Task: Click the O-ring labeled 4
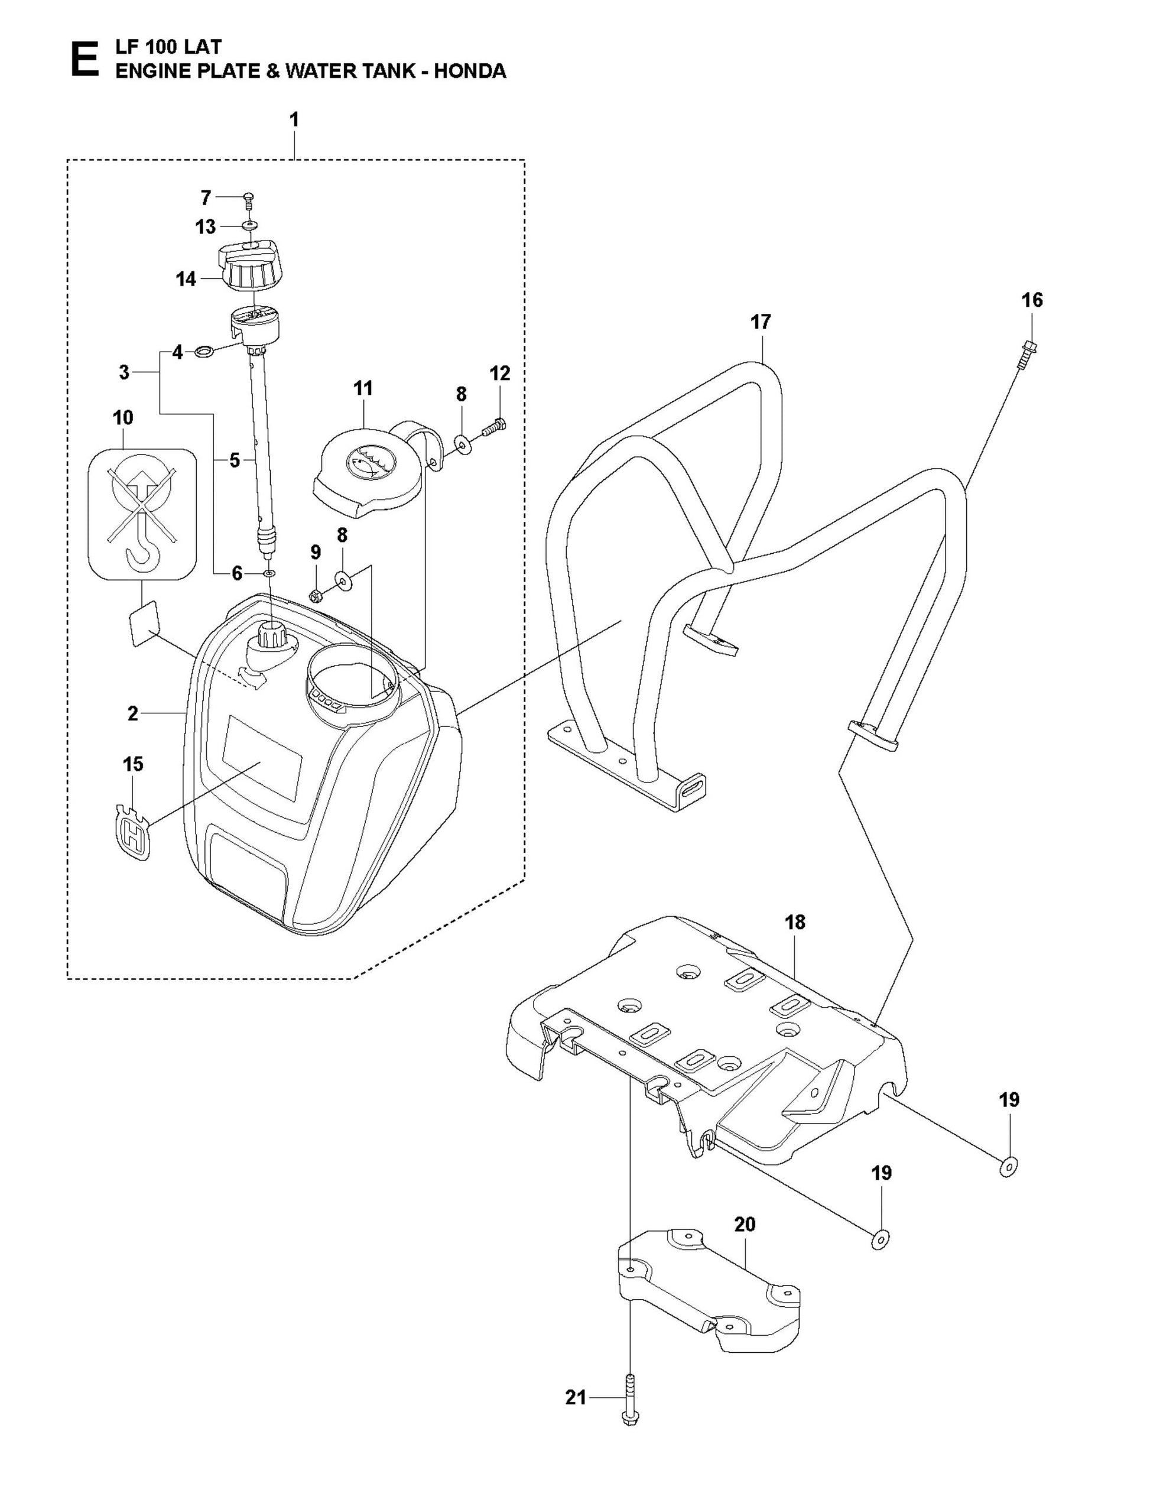[x=203, y=352]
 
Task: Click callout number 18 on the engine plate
[x=795, y=922]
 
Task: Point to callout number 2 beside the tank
[x=133, y=714]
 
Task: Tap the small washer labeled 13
[x=249, y=226]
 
